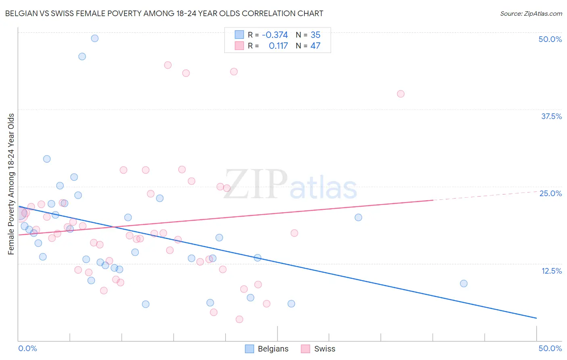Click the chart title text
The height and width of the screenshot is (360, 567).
(x=164, y=13)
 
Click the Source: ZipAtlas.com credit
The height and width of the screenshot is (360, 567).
(x=531, y=13)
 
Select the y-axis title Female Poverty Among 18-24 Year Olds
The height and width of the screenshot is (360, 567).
(x=11, y=184)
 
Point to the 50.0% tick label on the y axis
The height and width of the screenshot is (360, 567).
(x=550, y=39)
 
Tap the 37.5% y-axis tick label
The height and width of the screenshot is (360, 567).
(x=551, y=116)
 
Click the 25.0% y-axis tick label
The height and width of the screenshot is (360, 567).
(x=550, y=193)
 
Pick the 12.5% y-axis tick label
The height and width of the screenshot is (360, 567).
(x=551, y=271)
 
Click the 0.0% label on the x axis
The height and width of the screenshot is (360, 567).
(x=27, y=348)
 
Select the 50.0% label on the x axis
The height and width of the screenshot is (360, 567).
(x=550, y=348)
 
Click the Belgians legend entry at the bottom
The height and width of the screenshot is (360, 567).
(x=267, y=349)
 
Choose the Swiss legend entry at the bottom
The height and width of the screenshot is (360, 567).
(x=319, y=349)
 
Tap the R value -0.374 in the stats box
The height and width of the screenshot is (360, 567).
(x=275, y=35)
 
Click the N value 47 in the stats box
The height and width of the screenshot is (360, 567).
(x=315, y=46)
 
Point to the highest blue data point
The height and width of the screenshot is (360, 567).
(x=95, y=38)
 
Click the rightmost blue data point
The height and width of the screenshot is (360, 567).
(x=464, y=283)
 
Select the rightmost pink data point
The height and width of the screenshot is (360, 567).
(x=400, y=94)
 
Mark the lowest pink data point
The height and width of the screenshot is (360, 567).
(x=239, y=319)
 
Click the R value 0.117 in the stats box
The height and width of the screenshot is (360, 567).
(x=278, y=46)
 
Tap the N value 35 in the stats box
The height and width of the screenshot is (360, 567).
(x=315, y=35)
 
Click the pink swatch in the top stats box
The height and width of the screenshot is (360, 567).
(x=240, y=46)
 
